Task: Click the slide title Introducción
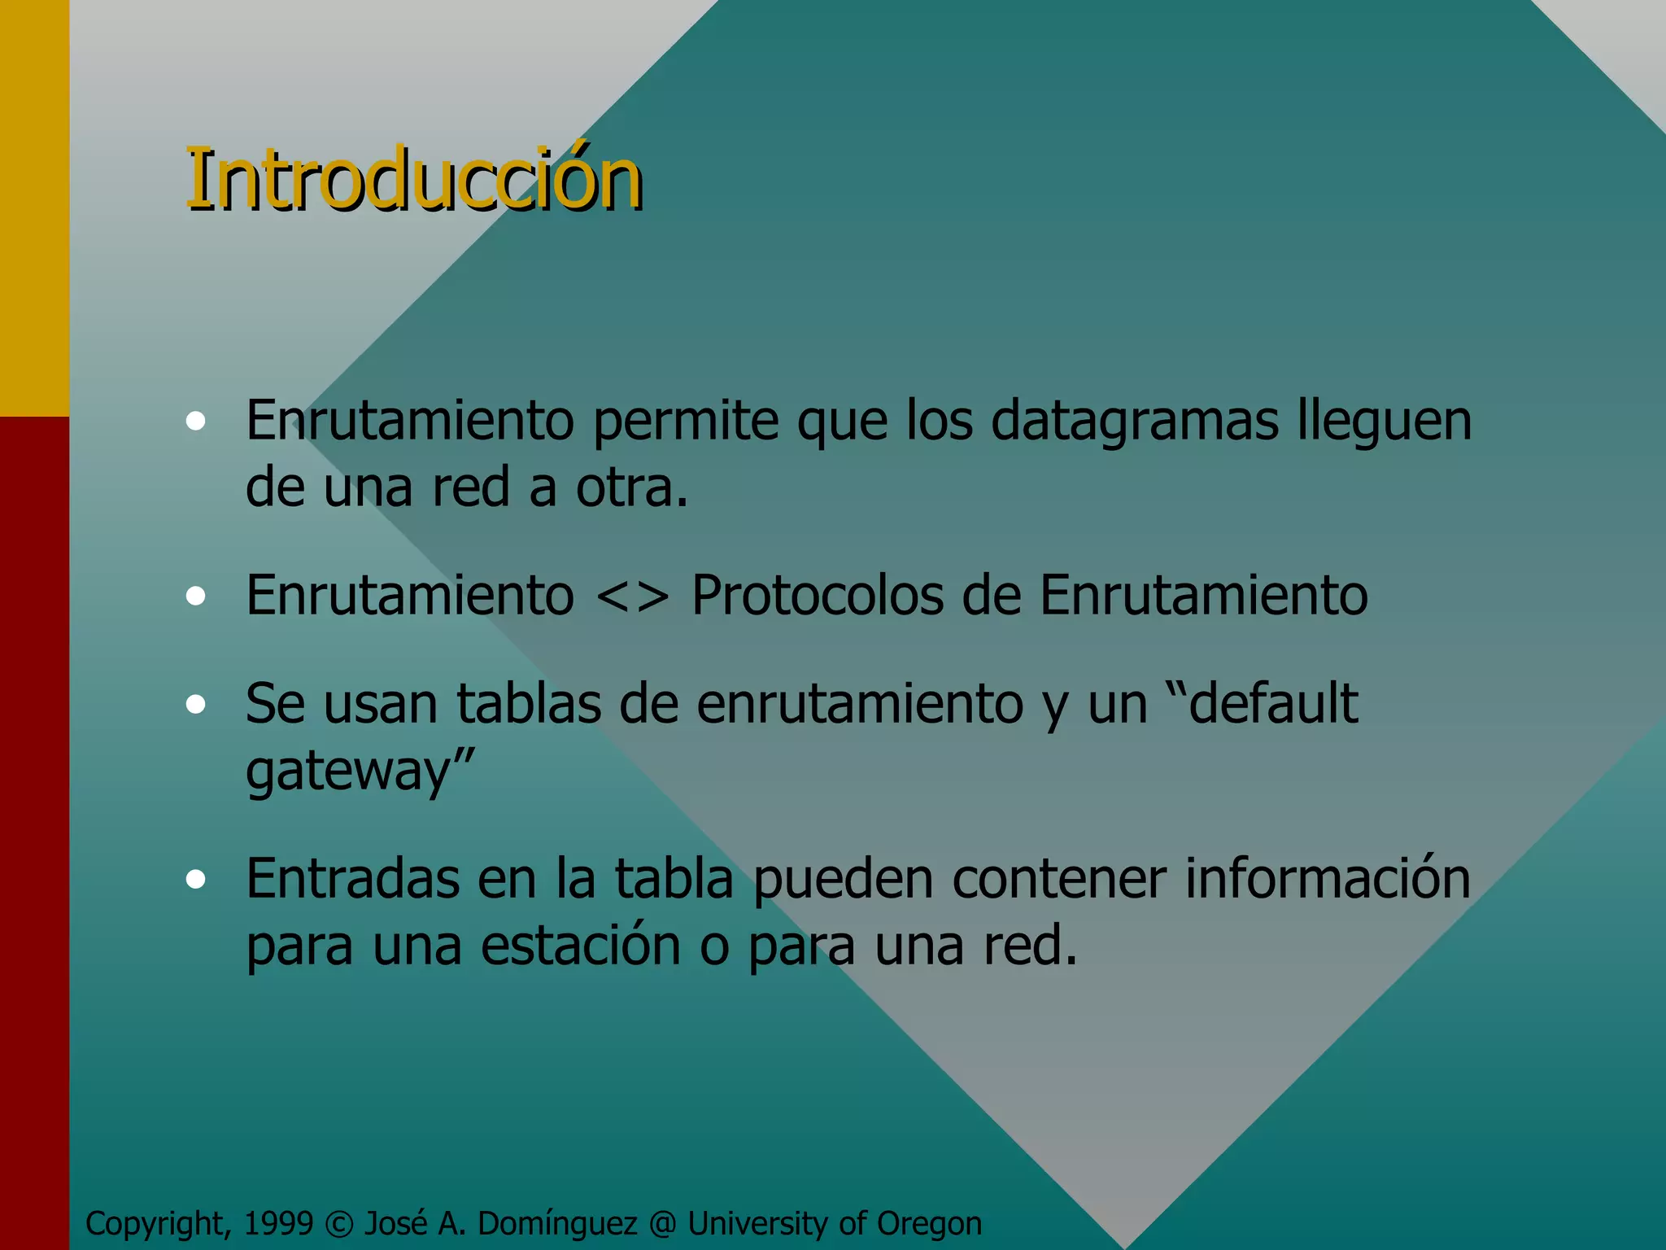pyautogui.click(x=414, y=180)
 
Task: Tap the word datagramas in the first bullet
pyautogui.click(x=1135, y=422)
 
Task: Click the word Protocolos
pyautogui.click(x=817, y=596)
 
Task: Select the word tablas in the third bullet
pyautogui.click(x=528, y=704)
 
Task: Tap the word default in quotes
pyautogui.click(x=1273, y=704)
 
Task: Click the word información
pyautogui.click(x=1328, y=879)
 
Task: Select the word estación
pyautogui.click(x=580, y=946)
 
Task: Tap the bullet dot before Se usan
pyautogui.click(x=195, y=705)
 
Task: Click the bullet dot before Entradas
pyautogui.click(x=195, y=880)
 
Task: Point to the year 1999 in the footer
pyautogui.click(x=278, y=1223)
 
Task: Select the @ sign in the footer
pyautogui.click(x=663, y=1224)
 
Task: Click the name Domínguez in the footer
pyautogui.click(x=558, y=1224)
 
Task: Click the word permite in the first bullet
pyautogui.click(x=686, y=422)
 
